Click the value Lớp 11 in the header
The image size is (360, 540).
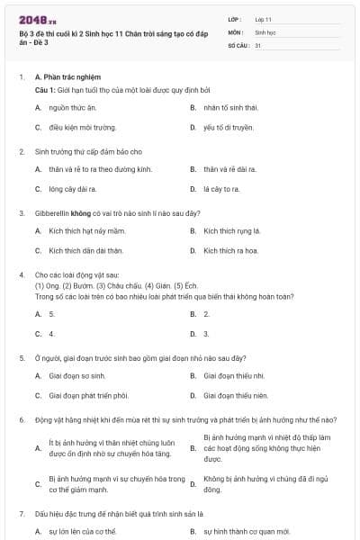[x=263, y=18]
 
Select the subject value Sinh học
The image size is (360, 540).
[x=265, y=31]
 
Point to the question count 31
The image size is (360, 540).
[x=257, y=45]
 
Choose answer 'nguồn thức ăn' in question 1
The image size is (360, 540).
[x=73, y=108]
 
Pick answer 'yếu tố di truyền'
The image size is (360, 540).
[x=228, y=128]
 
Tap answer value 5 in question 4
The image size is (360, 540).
[x=52, y=314]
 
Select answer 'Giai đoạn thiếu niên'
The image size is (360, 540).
[x=236, y=395]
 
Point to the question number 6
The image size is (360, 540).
[x=22, y=420]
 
